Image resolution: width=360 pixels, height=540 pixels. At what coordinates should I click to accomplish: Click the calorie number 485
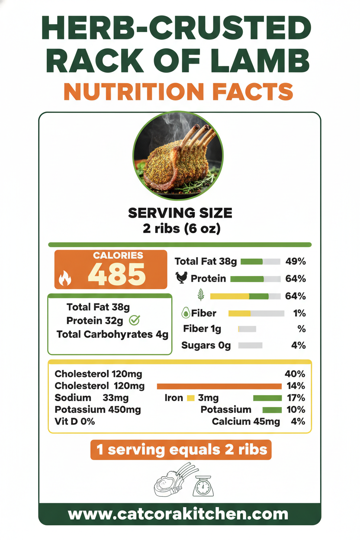pos(116,274)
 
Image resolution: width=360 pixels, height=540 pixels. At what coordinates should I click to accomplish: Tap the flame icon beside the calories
pos(64,279)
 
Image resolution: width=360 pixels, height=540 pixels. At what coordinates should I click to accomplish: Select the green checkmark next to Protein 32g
pos(135,320)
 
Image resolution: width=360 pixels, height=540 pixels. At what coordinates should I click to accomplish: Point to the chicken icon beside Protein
pos(181,278)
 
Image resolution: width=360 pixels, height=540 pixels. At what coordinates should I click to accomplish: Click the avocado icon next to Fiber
pos(186,313)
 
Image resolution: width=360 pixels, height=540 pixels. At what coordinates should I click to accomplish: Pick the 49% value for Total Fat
pos(296,261)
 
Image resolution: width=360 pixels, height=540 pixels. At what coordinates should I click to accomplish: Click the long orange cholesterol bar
pos(219,386)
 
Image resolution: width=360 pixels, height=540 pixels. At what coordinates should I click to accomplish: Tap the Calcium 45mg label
pos(246,421)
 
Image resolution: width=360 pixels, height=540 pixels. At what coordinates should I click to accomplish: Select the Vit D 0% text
pos(75,421)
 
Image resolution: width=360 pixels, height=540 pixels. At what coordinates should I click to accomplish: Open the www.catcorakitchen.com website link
pos(178,514)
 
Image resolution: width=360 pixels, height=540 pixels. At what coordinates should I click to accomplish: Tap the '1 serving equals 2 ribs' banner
pos(181,450)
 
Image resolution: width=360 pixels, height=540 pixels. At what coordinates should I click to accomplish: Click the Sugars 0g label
pos(206,345)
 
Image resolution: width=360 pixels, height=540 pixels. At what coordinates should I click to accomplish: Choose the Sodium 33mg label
pos(91,398)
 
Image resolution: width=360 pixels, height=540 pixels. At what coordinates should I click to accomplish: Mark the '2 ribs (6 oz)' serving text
pos(181,228)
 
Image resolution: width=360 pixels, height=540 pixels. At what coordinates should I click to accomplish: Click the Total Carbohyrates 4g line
pos(112,334)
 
